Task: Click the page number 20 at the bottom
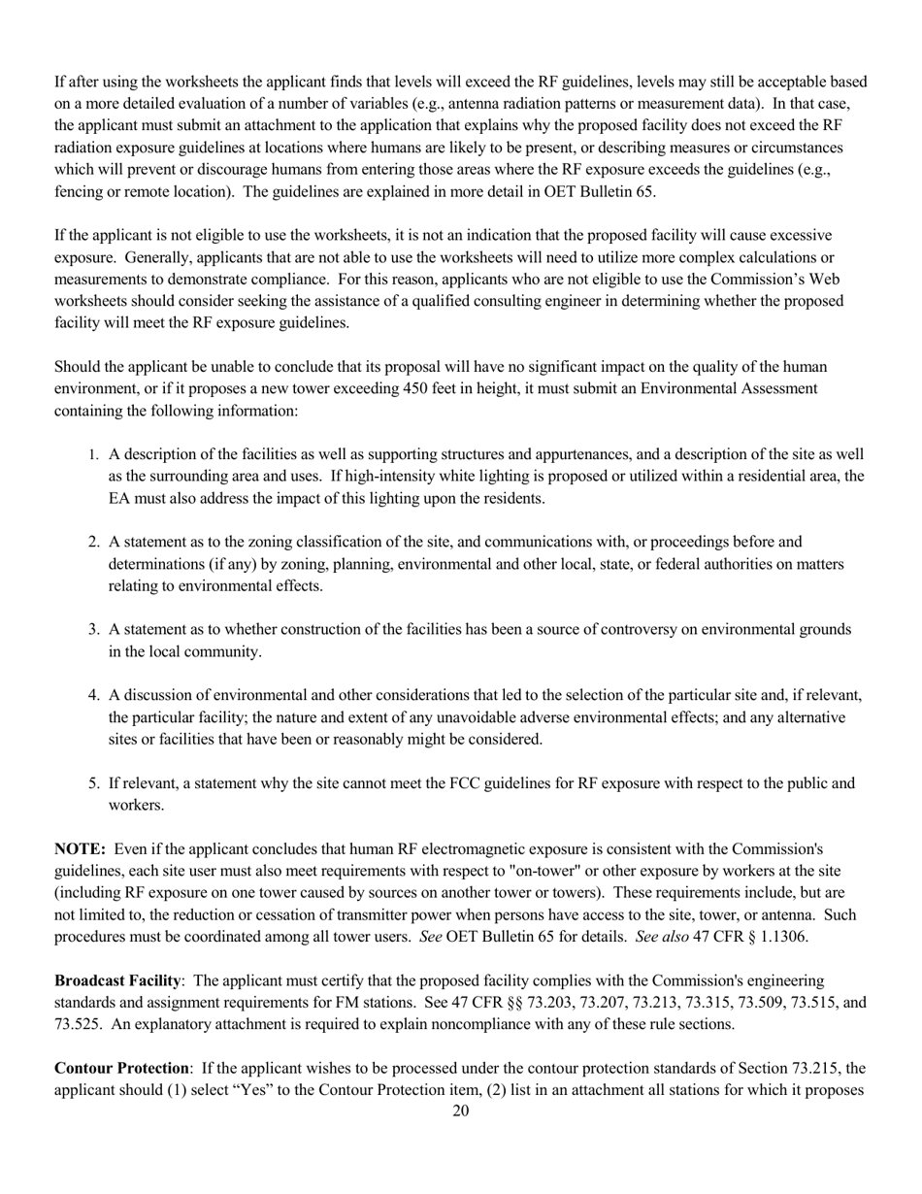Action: click(x=460, y=1111)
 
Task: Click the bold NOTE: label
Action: click(x=80, y=848)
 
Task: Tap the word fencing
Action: click(x=80, y=191)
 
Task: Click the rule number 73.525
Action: click(x=80, y=1024)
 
